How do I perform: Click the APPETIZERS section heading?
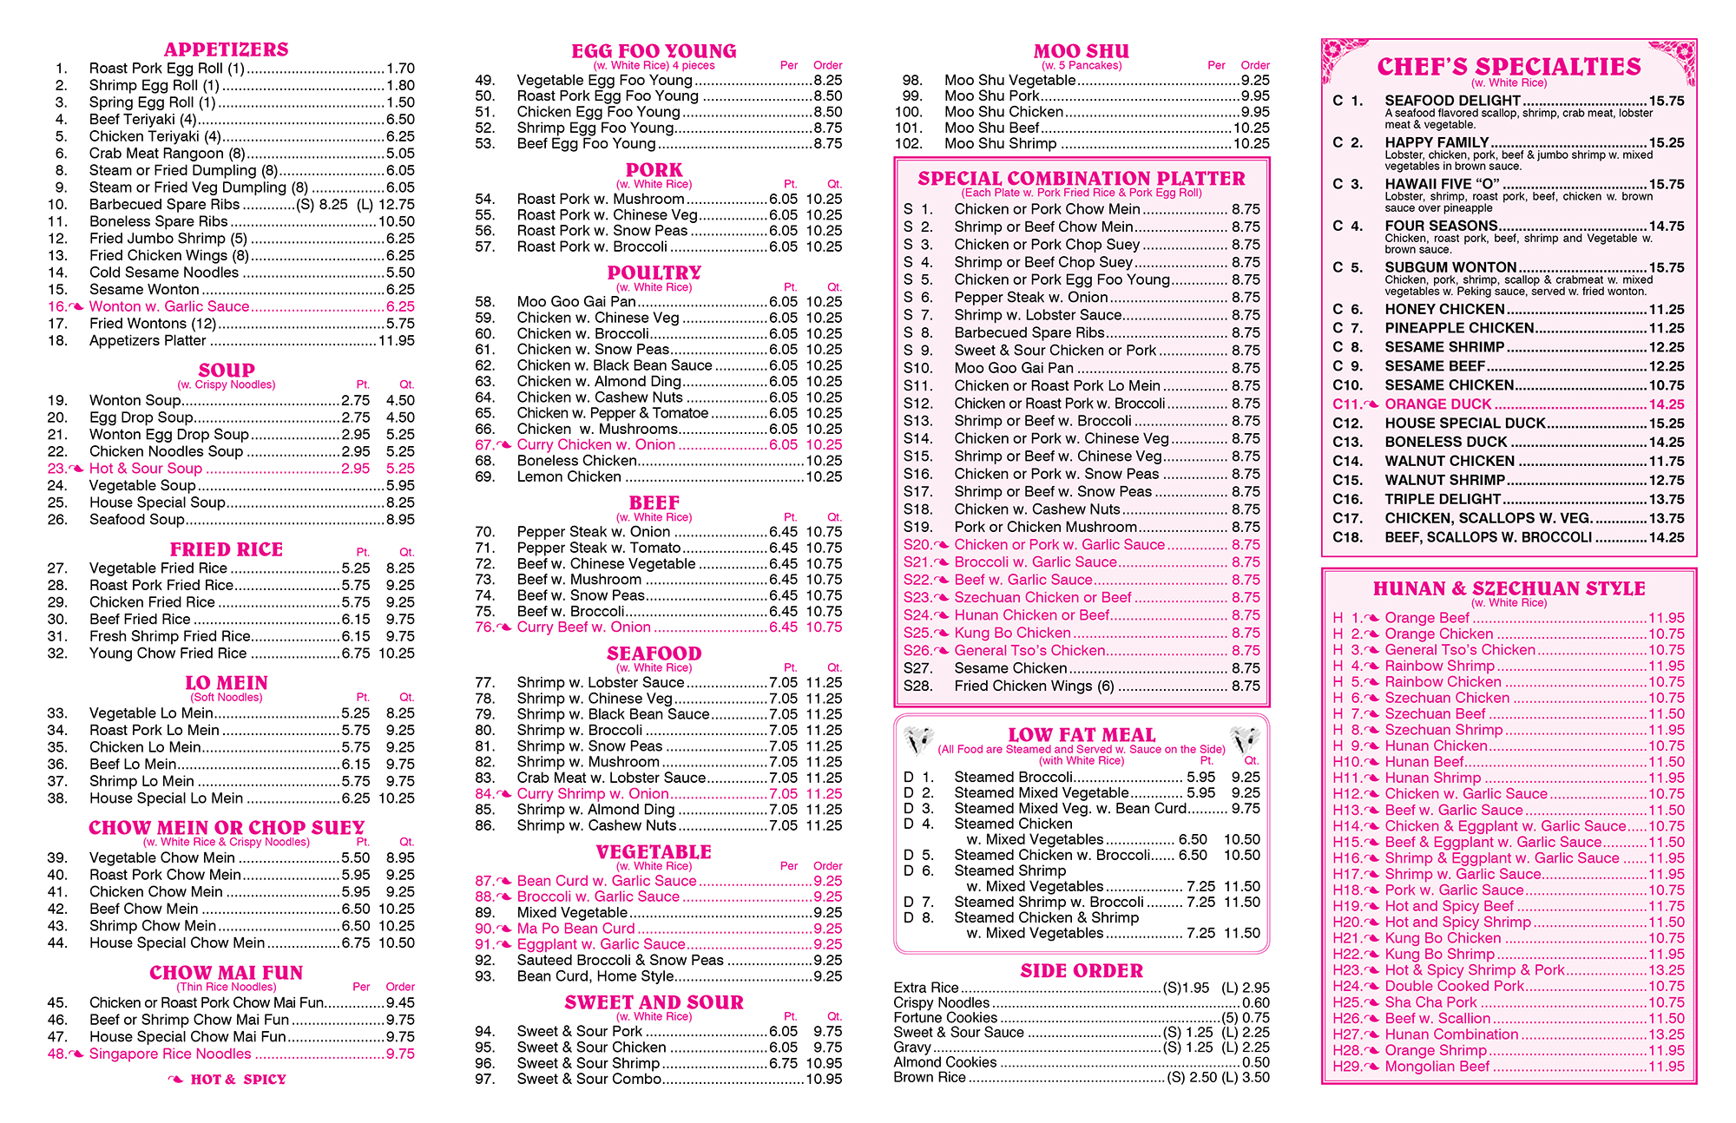pyautogui.click(x=226, y=49)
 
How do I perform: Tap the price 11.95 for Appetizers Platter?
pyautogui.click(x=397, y=341)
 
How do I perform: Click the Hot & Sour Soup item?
pyautogui.click(x=145, y=469)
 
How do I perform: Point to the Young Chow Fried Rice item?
pyautogui.click(x=168, y=653)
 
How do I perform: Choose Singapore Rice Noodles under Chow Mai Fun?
pyautogui.click(x=170, y=1054)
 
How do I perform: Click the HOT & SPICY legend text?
pyautogui.click(x=238, y=1080)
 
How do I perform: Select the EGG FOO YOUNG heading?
pyautogui.click(x=654, y=51)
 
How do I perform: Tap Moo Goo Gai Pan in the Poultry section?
pyautogui.click(x=575, y=302)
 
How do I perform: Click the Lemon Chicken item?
pyautogui.click(x=569, y=476)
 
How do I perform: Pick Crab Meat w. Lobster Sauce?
pyautogui.click(x=611, y=778)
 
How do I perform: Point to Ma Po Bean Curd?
pyautogui.click(x=575, y=929)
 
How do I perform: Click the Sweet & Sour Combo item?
pyautogui.click(x=589, y=1079)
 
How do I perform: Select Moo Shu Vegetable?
pyautogui.click(x=1009, y=80)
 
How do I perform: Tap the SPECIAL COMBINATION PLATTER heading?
pyautogui.click(x=1082, y=179)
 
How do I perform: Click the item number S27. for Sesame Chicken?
pyautogui.click(x=917, y=668)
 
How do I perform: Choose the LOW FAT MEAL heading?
pyautogui.click(x=1082, y=735)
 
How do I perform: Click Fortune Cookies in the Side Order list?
pyautogui.click(x=945, y=1018)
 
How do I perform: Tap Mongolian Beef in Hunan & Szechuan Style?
pyautogui.click(x=1437, y=1067)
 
